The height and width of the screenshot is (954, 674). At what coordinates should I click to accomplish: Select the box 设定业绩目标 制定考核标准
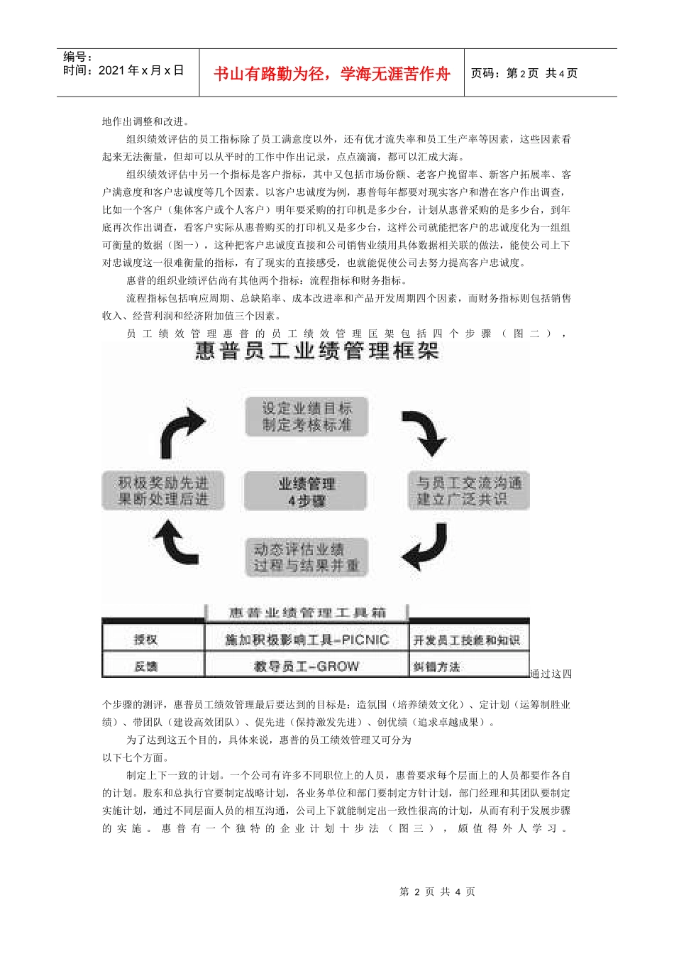click(x=306, y=417)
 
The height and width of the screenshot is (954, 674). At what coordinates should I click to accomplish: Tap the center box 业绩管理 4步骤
click(x=306, y=491)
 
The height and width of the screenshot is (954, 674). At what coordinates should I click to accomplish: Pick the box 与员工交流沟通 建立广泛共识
click(x=468, y=491)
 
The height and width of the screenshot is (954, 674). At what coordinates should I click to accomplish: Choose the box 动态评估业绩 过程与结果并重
click(x=306, y=557)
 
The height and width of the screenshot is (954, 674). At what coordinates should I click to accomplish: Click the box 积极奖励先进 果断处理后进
click(x=163, y=491)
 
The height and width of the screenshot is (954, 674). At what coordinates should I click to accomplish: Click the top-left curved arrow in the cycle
click(x=182, y=433)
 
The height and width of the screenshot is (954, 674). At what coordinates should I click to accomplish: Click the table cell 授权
click(x=146, y=640)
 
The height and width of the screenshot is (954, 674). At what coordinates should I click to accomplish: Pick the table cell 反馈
click(x=146, y=667)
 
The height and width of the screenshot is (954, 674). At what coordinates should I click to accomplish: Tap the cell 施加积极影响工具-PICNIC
click(x=306, y=640)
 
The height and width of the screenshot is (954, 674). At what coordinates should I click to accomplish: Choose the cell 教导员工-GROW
click(x=306, y=667)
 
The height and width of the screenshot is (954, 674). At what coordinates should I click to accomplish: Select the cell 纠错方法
click(x=437, y=667)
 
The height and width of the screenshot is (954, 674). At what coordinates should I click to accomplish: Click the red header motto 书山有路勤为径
click(x=332, y=74)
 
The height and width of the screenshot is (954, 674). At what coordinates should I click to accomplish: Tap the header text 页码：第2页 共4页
click(x=525, y=73)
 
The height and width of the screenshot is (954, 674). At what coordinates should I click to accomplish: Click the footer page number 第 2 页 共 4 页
click(x=438, y=892)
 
